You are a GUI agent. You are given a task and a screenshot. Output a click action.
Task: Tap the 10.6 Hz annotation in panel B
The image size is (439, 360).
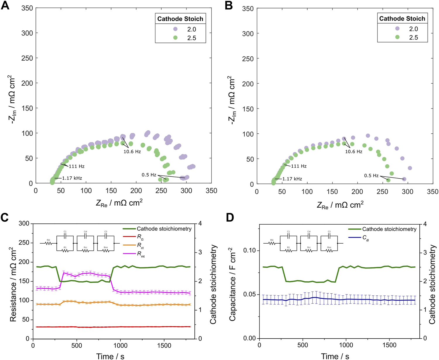(354, 151)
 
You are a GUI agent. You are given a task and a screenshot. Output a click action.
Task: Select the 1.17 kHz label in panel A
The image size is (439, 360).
(72, 178)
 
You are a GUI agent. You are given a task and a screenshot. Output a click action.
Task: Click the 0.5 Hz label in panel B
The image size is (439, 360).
(371, 175)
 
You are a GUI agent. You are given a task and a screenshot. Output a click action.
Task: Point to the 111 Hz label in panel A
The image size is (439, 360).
(77, 166)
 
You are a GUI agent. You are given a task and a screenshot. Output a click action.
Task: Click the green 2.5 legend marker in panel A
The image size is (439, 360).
(175, 38)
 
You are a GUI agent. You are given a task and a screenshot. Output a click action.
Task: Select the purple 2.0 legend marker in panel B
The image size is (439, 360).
(397, 29)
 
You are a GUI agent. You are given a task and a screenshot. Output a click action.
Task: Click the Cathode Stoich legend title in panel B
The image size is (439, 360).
(402, 18)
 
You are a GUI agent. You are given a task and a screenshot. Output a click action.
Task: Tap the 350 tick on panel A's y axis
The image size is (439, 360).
(27, 8)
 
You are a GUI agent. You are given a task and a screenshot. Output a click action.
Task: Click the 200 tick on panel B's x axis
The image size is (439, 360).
(357, 192)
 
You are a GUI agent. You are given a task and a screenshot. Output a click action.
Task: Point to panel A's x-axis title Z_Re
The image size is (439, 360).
(119, 203)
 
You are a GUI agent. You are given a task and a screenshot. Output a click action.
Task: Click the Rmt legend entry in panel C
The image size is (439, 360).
(141, 254)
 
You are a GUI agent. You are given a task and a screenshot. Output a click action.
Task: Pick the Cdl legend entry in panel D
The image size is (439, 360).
(366, 238)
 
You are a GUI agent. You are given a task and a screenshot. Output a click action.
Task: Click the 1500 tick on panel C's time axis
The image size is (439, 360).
(164, 345)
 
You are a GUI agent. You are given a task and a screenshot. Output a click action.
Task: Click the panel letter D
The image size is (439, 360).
(230, 218)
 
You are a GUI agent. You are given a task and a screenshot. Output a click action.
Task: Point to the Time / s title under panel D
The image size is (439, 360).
(335, 356)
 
